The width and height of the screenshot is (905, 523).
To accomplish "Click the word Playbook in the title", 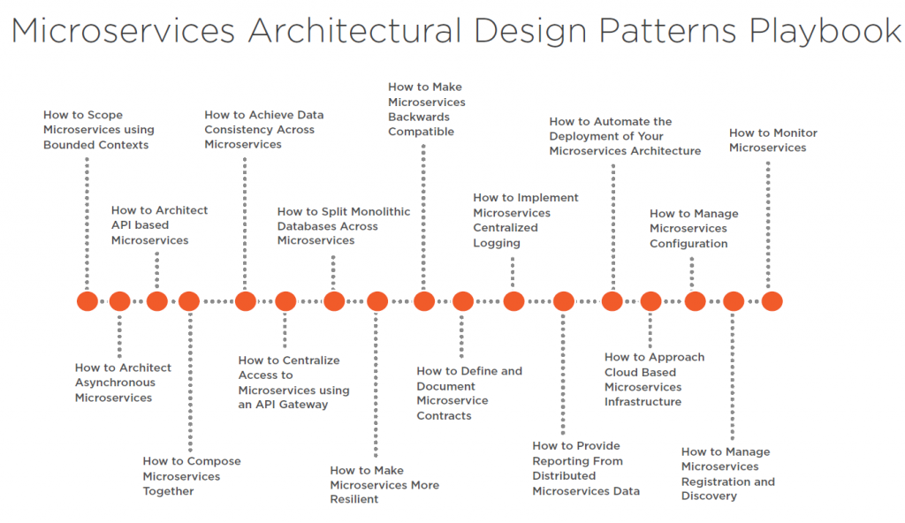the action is [x=825, y=31].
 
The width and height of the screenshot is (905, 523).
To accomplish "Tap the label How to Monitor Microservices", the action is [x=772, y=140].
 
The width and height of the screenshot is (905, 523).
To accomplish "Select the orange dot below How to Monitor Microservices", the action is [x=772, y=301].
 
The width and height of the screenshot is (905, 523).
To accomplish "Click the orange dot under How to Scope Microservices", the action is [x=87, y=301].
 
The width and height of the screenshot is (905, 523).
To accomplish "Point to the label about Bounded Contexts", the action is [x=99, y=130].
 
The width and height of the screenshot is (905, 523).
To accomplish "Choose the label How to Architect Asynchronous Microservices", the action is [x=123, y=383].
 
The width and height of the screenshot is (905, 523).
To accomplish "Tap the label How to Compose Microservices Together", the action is [x=192, y=476].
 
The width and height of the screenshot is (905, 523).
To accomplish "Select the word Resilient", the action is [x=354, y=499].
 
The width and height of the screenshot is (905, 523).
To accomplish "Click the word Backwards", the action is [x=418, y=117].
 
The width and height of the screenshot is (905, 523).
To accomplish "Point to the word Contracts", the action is [x=444, y=415].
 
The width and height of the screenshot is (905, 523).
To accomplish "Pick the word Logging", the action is [x=497, y=243].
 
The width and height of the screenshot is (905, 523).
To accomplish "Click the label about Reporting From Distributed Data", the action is [x=586, y=468].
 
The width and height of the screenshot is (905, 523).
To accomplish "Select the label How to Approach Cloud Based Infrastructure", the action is [x=655, y=379].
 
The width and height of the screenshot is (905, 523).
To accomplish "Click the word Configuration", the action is [x=688, y=244].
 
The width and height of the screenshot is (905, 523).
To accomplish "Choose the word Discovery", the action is [x=709, y=496].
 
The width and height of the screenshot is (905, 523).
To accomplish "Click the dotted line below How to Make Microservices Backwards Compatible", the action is [x=423, y=217].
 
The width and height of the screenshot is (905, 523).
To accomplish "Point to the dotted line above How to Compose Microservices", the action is [x=190, y=382].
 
